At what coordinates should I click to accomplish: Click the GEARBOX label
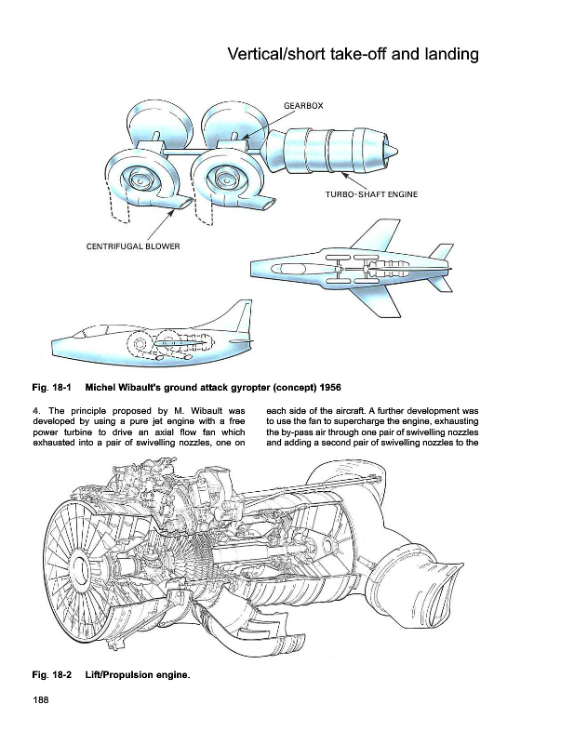(x=303, y=106)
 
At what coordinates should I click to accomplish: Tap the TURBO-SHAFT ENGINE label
(x=371, y=194)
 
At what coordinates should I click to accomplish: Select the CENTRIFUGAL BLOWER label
(x=126, y=246)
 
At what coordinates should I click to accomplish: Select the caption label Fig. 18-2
(x=52, y=674)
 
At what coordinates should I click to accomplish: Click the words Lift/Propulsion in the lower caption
(x=116, y=674)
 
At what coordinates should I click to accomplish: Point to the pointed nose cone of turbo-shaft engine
(x=394, y=151)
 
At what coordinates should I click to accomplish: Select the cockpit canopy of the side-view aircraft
(x=93, y=328)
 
